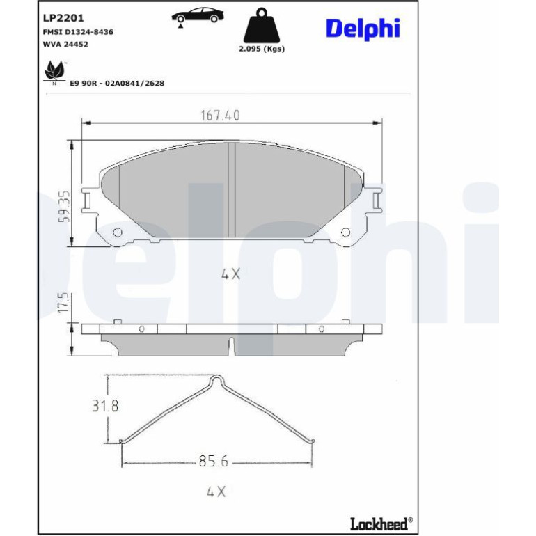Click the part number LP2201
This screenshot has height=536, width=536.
click(63, 18)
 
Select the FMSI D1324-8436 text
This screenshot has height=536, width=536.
click(78, 32)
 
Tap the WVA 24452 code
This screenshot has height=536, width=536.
click(65, 44)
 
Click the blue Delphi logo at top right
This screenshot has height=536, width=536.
click(363, 28)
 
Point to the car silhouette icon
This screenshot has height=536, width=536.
click(198, 16)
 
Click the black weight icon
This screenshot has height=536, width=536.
click(262, 25)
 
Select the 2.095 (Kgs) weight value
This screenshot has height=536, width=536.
click(262, 49)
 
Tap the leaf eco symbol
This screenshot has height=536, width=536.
click(54, 72)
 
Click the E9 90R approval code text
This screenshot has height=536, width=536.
click(117, 83)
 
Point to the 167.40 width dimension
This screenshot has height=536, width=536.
click(220, 116)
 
